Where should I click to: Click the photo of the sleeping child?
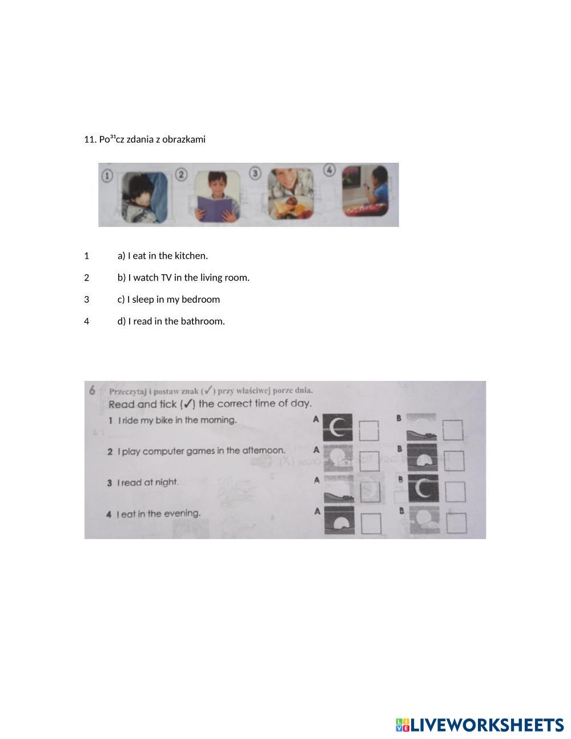(144, 197)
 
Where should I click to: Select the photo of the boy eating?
(291, 194)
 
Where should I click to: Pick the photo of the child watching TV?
(365, 191)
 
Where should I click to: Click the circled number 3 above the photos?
(255, 173)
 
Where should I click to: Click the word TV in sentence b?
(166, 278)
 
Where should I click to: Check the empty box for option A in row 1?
(369, 431)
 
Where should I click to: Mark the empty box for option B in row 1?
(453, 430)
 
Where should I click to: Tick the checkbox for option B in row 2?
(454, 461)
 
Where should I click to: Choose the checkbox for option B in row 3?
(455, 492)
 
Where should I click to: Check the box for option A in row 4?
(371, 524)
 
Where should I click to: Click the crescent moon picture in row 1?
(337, 428)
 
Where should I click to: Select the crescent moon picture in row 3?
(423, 489)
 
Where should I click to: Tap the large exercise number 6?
(92, 391)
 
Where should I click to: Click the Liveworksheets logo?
(480, 725)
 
